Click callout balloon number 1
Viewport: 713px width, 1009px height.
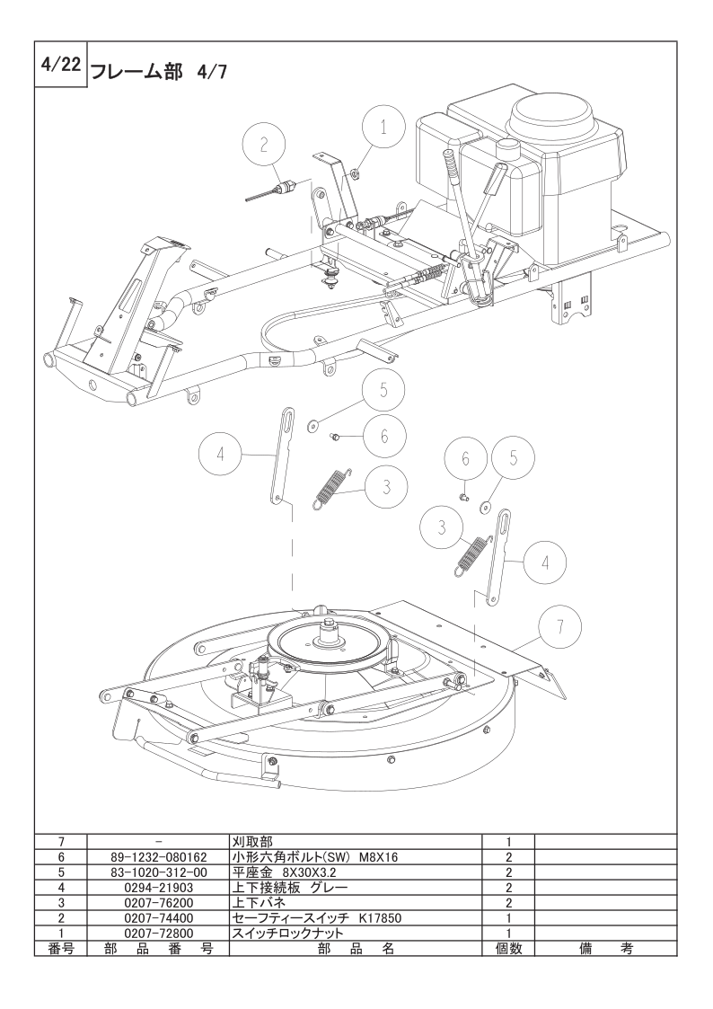[383, 128]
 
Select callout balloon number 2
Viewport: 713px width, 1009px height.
[264, 144]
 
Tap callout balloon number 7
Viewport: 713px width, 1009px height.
[559, 626]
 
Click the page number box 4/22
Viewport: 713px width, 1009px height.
[59, 65]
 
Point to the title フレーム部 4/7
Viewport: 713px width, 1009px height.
[158, 71]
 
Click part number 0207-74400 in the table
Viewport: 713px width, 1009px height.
[159, 918]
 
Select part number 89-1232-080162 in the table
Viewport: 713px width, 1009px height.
[159, 858]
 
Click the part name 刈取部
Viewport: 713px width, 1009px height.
[251, 843]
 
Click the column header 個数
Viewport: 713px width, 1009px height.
[508, 949]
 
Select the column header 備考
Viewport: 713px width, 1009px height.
[605, 949]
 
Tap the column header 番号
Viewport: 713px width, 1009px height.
[61, 949]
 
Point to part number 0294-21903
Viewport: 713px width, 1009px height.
[159, 888]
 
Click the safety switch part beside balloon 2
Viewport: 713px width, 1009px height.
[273, 191]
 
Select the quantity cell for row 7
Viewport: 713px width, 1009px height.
[508, 843]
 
